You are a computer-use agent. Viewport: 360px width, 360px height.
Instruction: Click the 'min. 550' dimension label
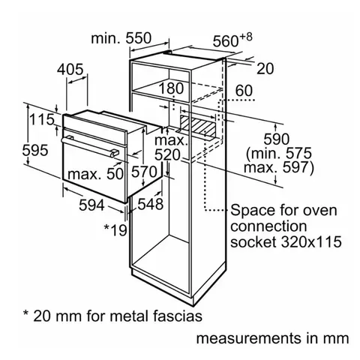click(x=121, y=38)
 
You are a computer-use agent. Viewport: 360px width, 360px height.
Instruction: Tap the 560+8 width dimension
click(x=232, y=40)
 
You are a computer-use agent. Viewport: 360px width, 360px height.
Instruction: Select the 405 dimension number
click(x=70, y=69)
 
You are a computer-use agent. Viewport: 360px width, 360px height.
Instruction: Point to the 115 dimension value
click(x=41, y=119)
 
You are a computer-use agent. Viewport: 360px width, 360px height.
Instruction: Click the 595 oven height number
click(x=35, y=150)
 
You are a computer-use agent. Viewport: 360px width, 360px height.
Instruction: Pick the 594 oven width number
click(x=91, y=205)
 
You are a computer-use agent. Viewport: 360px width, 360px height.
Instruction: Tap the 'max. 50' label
click(x=95, y=174)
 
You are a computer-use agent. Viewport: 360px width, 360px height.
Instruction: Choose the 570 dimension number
click(x=144, y=172)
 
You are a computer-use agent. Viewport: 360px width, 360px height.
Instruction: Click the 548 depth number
click(x=151, y=204)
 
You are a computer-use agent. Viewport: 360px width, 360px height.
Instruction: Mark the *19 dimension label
click(x=115, y=230)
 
